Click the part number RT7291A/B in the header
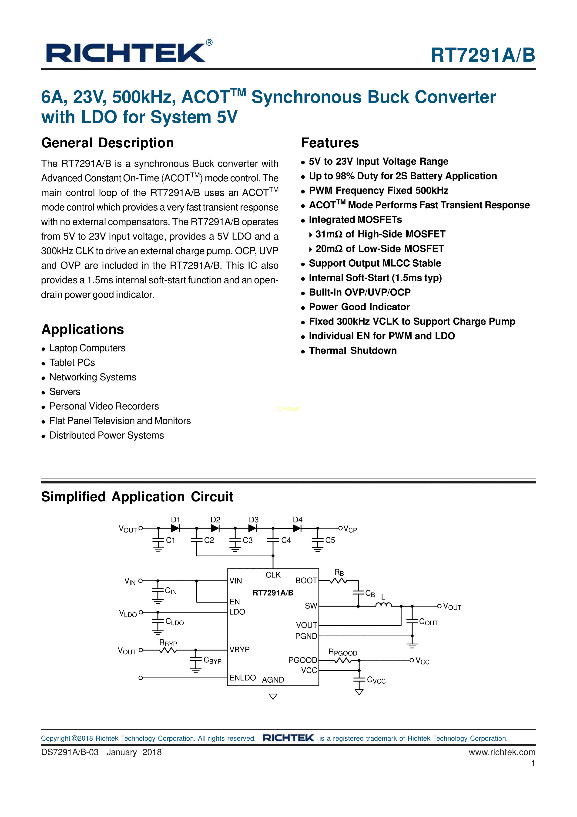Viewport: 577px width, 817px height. (483, 55)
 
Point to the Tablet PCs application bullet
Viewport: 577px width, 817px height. (72, 363)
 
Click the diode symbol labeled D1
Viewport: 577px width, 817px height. (175, 529)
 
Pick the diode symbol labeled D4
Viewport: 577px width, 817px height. (297, 529)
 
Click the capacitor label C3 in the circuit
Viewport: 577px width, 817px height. (248, 540)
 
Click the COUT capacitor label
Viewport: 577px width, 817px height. (428, 622)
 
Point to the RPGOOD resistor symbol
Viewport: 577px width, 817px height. (343, 661)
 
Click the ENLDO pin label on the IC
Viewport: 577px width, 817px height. (242, 678)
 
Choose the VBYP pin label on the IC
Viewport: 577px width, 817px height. (239, 650)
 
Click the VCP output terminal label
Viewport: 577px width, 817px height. (350, 529)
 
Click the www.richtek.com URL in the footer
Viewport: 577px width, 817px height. (502, 752)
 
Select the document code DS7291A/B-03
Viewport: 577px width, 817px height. (70, 752)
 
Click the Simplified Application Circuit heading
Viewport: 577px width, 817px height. (137, 497)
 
